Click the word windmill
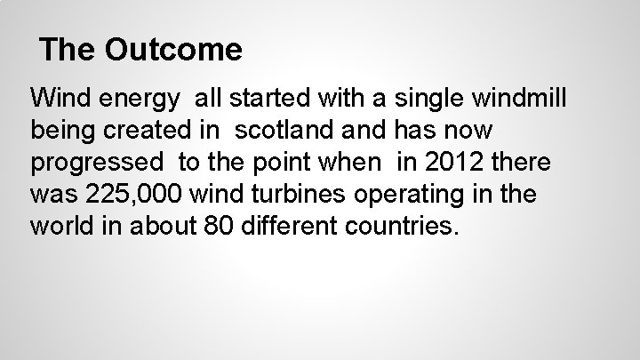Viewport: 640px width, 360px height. [x=524, y=98]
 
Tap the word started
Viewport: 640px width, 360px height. [x=264, y=98]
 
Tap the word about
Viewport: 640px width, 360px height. [x=165, y=227]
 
